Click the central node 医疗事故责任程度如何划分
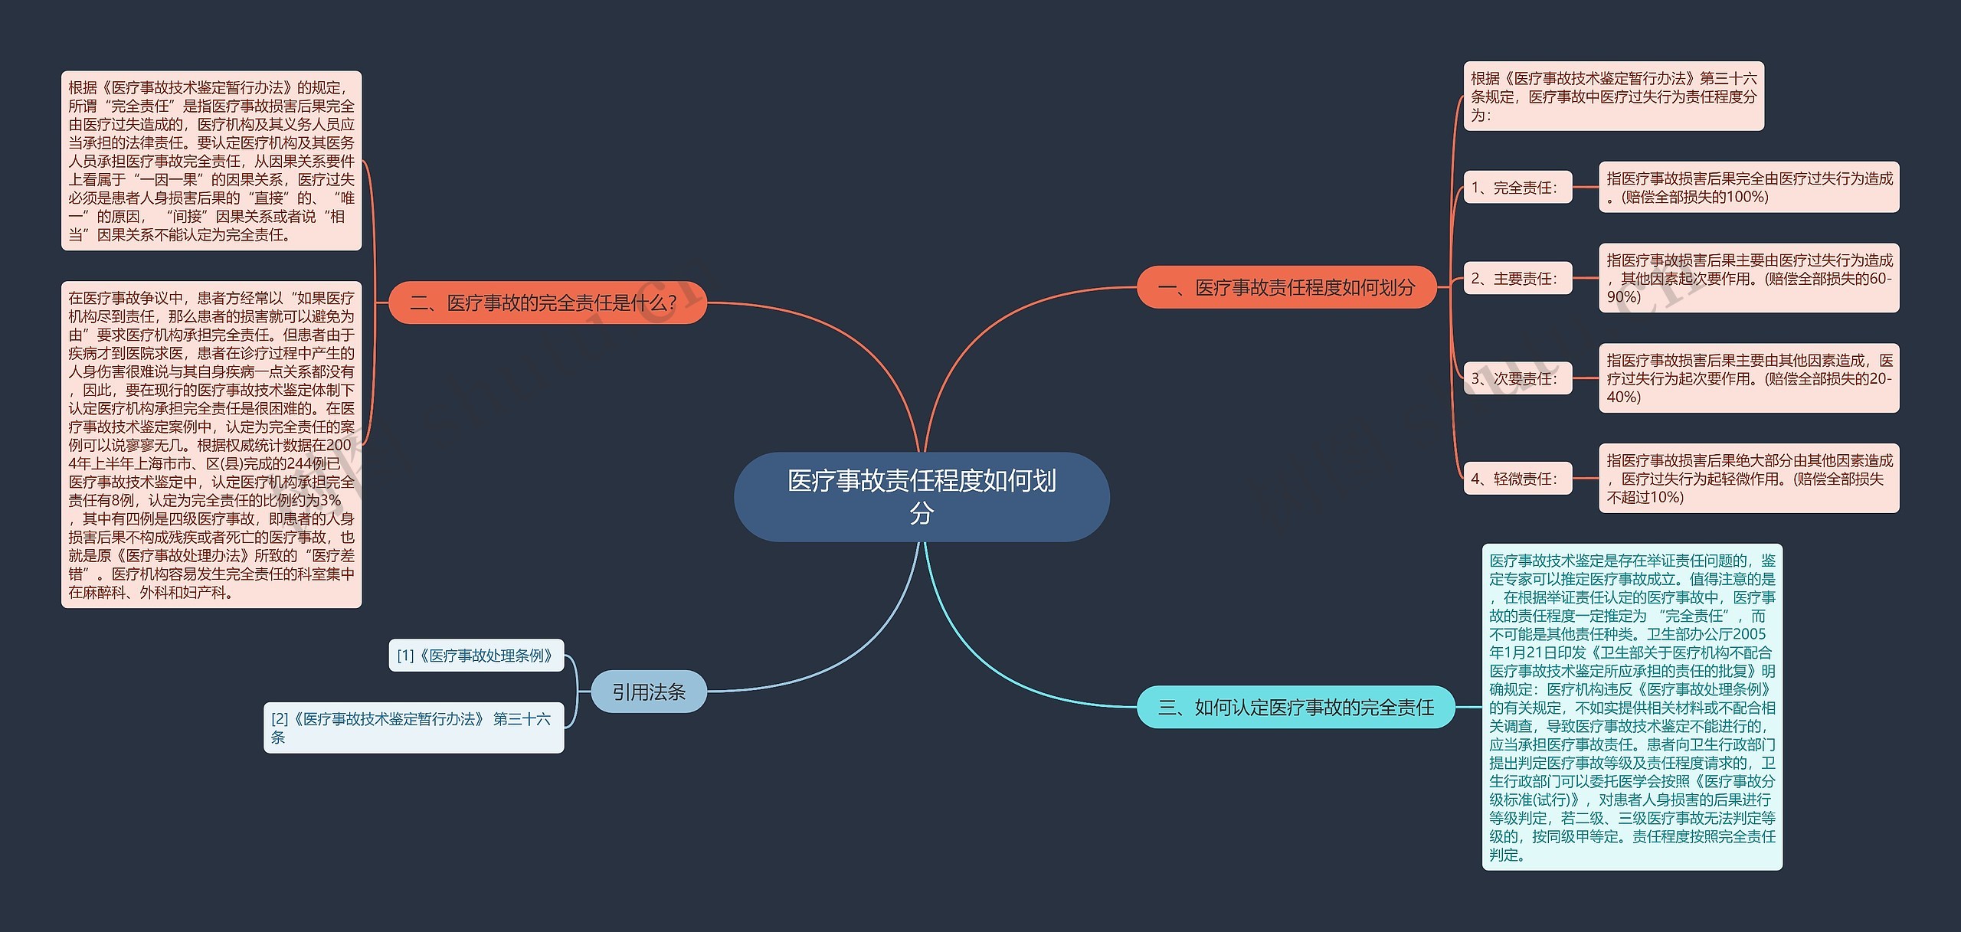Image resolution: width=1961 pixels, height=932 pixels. tap(922, 496)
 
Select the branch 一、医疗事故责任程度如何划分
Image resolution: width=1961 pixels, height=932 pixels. tap(1286, 287)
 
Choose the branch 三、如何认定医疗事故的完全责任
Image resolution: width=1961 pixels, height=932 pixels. tap(1295, 707)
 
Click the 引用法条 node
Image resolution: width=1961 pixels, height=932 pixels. tap(649, 692)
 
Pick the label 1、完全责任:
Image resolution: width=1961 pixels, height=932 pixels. tap(1517, 188)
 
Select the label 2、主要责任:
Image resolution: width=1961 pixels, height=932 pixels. tap(1517, 279)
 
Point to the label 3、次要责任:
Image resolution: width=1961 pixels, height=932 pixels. tap(1517, 378)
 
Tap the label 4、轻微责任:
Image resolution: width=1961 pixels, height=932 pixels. tap(1517, 479)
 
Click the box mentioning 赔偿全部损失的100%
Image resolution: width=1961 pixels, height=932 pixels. tap(1749, 187)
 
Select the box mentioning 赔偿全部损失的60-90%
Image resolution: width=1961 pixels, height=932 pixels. tap(1749, 278)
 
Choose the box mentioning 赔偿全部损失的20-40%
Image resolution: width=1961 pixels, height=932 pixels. tap(1749, 378)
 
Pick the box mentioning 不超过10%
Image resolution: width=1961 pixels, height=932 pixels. tap(1749, 479)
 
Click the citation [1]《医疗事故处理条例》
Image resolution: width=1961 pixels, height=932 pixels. tap(476, 656)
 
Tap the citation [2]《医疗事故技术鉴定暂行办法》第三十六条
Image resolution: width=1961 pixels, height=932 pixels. tap(414, 728)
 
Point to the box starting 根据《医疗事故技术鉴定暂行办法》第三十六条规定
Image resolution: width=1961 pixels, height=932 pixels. tap(1613, 96)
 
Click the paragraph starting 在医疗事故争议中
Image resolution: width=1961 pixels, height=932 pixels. tap(211, 445)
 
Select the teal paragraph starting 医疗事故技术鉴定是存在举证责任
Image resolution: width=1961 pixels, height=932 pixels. tap(1632, 707)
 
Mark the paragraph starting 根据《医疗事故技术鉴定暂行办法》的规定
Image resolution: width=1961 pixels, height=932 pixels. tap(211, 161)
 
